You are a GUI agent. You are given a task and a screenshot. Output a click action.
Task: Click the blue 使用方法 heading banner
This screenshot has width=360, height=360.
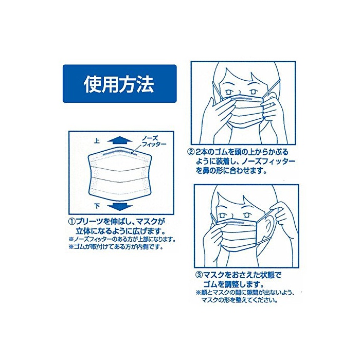click(x=120, y=83)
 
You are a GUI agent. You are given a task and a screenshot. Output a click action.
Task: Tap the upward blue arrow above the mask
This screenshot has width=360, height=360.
click(x=120, y=140)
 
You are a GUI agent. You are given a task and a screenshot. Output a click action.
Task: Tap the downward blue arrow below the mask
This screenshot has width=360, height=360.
click(x=120, y=206)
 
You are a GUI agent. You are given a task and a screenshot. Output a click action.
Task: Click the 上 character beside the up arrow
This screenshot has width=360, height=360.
click(x=97, y=141)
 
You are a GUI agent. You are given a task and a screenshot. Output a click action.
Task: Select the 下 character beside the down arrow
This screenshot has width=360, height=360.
click(x=97, y=206)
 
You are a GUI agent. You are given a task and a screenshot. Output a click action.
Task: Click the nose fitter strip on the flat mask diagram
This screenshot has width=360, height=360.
click(x=119, y=154)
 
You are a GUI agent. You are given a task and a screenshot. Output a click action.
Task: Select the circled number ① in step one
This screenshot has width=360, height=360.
click(x=72, y=222)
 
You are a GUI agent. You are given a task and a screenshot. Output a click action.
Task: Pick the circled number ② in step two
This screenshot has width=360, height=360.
click(x=191, y=152)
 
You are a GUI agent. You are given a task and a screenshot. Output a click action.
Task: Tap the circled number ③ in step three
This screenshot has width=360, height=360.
click(x=199, y=274)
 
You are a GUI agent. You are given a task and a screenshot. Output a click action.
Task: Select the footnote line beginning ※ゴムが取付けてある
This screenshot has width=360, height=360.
click(x=116, y=247)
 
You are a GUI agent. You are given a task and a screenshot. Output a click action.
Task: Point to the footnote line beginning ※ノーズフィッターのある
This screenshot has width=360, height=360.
click(x=122, y=239)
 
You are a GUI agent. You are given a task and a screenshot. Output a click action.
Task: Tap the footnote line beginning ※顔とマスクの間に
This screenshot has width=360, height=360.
click(x=245, y=293)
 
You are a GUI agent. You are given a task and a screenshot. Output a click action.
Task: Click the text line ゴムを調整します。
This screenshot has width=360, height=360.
click(x=233, y=284)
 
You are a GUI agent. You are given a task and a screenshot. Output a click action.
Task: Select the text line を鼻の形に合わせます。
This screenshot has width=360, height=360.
click(x=231, y=171)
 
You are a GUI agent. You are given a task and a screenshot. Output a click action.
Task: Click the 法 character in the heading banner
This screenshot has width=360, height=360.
click(x=146, y=84)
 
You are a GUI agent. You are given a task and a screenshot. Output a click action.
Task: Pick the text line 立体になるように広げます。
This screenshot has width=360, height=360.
click(x=121, y=230)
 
